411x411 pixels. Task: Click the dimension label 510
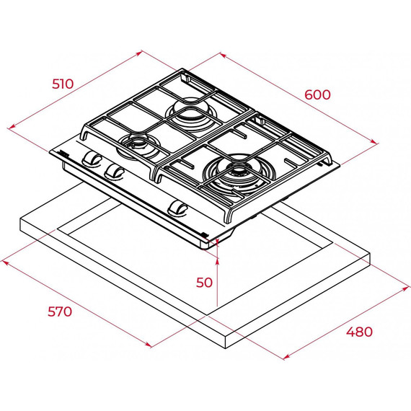tap(63, 84)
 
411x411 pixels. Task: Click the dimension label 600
tap(317, 94)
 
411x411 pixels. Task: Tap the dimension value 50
tap(204, 283)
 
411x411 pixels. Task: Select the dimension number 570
tap(60, 311)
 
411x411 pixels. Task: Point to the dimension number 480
tap(359, 332)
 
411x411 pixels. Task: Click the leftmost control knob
tap(92, 159)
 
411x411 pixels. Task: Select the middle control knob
tap(114, 172)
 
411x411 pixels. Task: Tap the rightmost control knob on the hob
tap(177, 209)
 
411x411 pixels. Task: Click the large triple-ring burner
tap(234, 174)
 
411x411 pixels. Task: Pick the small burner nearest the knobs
tap(138, 147)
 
